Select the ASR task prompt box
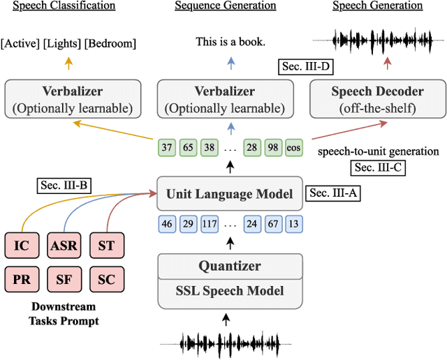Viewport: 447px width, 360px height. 64,246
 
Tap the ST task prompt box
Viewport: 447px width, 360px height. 106,246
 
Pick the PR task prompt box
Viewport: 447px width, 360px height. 23,280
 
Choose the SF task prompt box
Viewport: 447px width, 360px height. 64,280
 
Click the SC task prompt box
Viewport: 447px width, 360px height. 106,280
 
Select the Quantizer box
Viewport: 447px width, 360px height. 230,266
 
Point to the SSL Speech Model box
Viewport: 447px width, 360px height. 230,290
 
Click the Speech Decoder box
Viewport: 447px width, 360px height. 377,98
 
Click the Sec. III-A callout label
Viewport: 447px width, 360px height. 334,193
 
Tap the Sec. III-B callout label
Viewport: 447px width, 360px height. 65,186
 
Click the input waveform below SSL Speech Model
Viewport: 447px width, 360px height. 230,343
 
